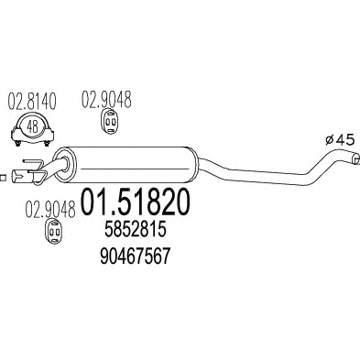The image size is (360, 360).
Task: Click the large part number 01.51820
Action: click(135, 202)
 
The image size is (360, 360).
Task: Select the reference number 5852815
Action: click(136, 231)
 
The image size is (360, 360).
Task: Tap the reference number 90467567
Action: click(135, 256)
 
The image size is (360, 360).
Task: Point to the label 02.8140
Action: click(32, 102)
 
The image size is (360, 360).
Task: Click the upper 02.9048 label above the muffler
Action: click(106, 99)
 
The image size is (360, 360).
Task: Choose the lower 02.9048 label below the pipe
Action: click(50, 210)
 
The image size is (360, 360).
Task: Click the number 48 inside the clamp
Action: click(33, 126)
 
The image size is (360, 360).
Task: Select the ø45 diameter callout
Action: click(340, 140)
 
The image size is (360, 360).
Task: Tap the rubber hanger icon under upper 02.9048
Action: click(110, 122)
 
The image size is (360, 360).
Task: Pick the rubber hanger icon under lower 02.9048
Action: click(54, 232)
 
